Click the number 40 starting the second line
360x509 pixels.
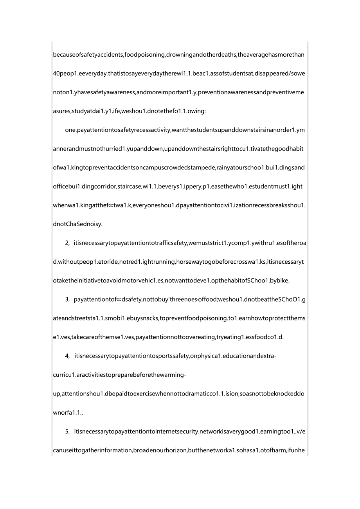pos(56,74)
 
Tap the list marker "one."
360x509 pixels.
pos(70,130)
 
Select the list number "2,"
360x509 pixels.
pos(67,243)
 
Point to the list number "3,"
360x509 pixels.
pos(67,300)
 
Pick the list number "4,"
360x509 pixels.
pos(67,356)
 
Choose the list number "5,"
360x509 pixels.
pos(67,432)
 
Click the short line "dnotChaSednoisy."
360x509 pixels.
pos(77,224)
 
